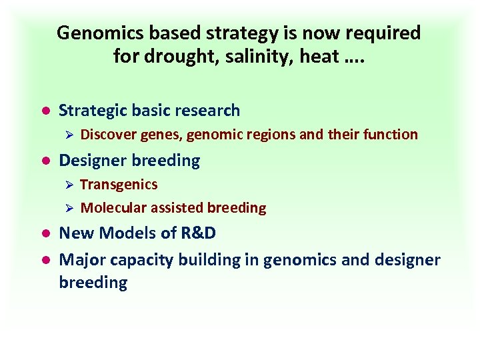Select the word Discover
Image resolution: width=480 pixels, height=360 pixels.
click(108, 135)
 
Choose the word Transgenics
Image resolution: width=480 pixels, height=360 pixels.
click(119, 184)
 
